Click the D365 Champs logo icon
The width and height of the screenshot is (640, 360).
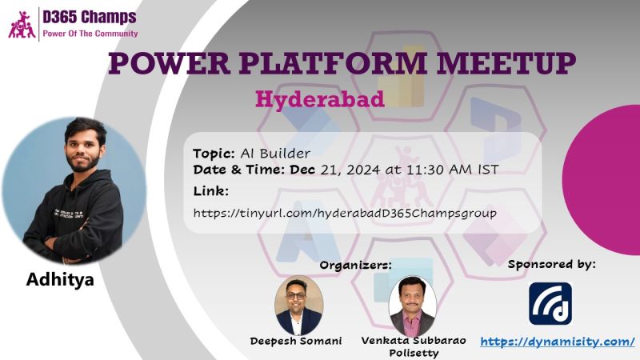coord(22,25)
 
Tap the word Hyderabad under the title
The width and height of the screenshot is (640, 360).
coord(319,99)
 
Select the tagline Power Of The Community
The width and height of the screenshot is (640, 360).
coord(90,34)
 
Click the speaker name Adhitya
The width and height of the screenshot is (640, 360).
coord(60,279)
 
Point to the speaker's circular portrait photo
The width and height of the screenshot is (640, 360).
coord(74,190)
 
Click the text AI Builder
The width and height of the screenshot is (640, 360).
coord(275,154)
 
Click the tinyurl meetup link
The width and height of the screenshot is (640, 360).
coord(345,213)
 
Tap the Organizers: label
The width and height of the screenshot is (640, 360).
coord(355,266)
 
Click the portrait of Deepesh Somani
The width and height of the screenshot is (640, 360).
coord(299,305)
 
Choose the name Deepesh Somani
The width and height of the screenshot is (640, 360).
coord(296,341)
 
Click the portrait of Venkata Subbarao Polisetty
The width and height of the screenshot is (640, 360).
coord(413,306)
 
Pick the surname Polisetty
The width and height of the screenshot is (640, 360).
coord(414,353)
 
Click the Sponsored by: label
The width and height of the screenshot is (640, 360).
coord(551,265)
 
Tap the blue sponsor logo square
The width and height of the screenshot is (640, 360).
coord(550,304)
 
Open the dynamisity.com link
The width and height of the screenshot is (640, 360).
coord(558,342)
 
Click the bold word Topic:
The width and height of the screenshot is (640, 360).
coord(214,154)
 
